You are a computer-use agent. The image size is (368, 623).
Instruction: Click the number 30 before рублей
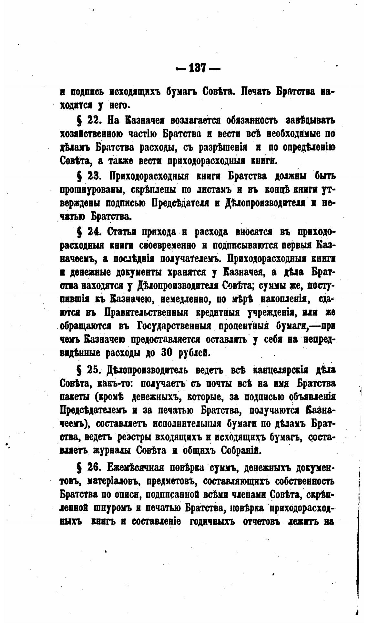pyautogui.click(x=168, y=353)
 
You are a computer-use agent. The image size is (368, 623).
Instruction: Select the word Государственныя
pyautogui.click(x=174, y=326)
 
